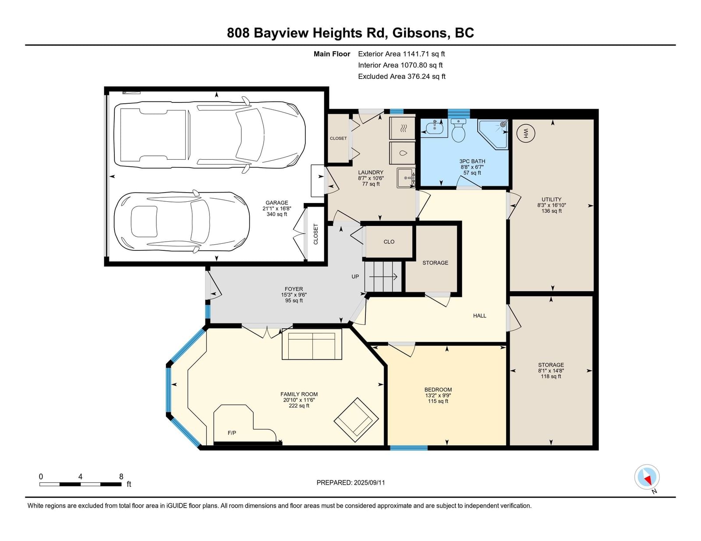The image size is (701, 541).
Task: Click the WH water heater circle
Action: coord(525,133)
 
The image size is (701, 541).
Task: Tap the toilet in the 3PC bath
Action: coord(458,130)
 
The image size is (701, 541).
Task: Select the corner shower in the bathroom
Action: coord(493,134)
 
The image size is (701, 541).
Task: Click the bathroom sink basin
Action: coord(434,128)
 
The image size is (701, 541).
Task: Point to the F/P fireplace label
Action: coord(232,433)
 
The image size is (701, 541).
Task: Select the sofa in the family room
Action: coord(312,344)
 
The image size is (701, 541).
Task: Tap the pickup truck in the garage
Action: coord(210,134)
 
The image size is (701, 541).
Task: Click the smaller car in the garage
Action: coord(182,221)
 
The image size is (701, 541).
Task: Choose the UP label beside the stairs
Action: coord(355,277)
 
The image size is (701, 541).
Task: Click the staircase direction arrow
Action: coord(383,277)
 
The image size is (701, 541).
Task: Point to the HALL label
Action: coord(479,316)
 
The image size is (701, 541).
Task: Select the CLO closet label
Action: coord(389,242)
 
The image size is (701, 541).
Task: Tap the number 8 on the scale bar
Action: coord(121,477)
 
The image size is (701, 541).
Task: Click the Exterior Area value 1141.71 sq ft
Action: coord(424,54)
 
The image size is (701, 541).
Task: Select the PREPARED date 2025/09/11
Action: coord(369,483)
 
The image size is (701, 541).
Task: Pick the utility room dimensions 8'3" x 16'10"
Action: coord(551,205)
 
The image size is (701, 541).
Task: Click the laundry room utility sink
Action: coord(406,177)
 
